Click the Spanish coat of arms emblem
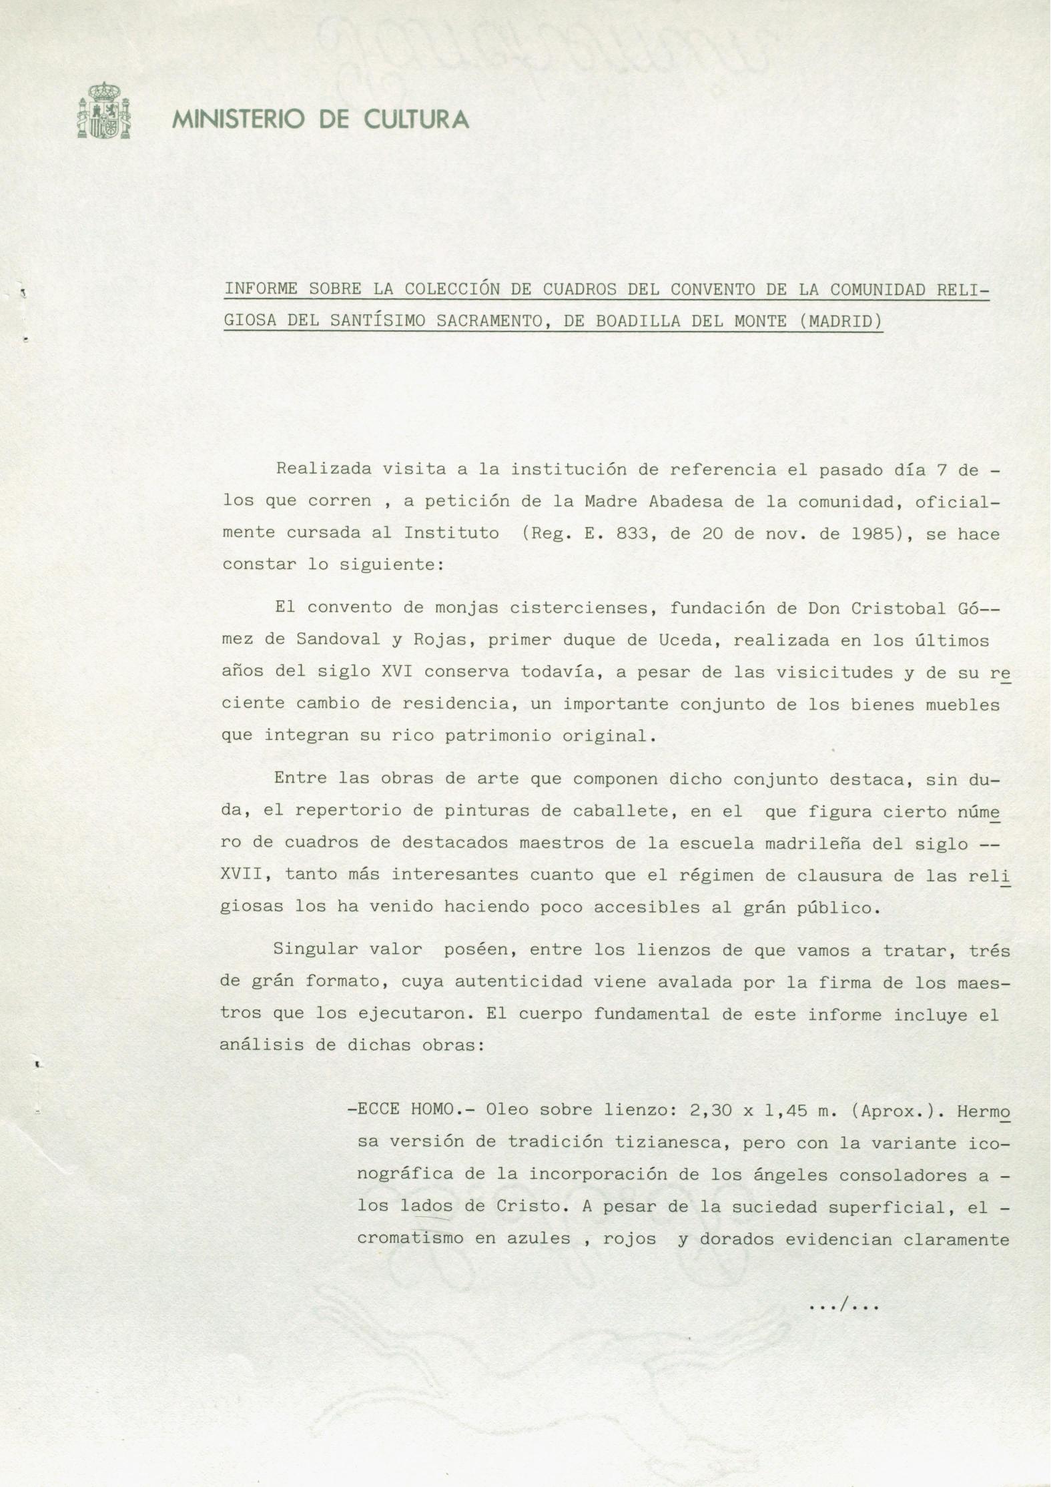104,111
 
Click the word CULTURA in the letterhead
416,120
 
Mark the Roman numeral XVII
242,875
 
